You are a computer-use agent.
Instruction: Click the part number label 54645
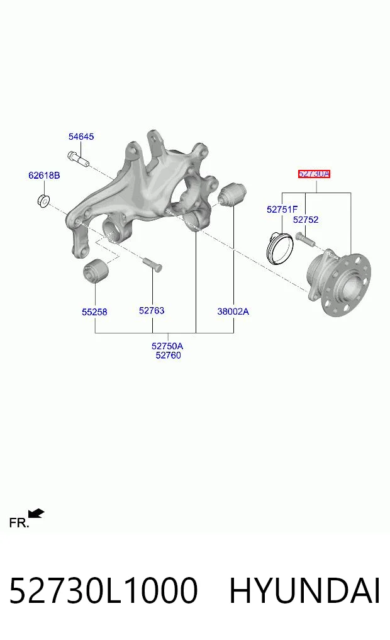coord(81,137)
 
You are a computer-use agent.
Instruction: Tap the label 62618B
coord(44,175)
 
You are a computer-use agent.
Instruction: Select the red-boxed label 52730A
coord(314,174)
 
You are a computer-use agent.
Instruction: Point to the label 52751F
coord(282,210)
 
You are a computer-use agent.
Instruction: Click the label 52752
coord(306,220)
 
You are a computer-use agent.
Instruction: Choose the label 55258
coord(94,312)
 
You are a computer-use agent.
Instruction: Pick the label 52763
coord(152,311)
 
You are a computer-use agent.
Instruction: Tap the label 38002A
coord(233,312)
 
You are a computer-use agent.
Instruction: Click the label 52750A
coord(167,346)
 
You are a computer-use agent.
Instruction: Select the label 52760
coord(168,355)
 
